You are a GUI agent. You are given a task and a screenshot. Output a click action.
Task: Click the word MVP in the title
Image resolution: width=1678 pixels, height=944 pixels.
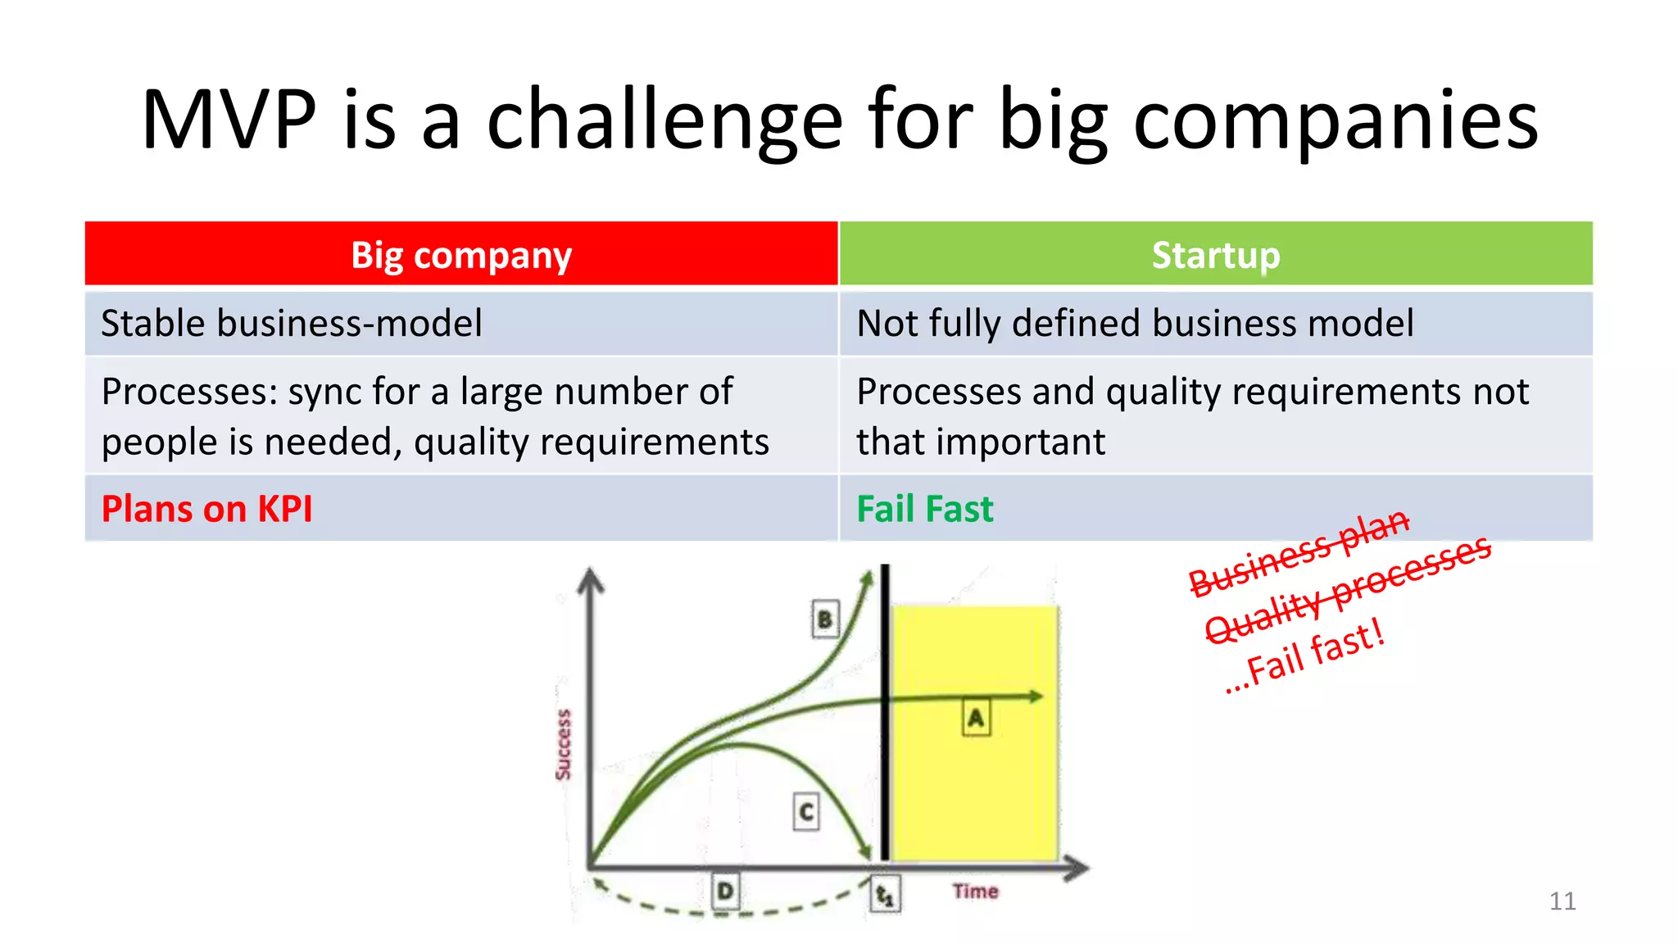229,120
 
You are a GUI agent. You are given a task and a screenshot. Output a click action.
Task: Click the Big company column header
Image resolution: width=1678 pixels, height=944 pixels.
461,255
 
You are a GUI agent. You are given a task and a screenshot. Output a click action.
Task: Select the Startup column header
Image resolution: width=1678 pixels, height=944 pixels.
1216,255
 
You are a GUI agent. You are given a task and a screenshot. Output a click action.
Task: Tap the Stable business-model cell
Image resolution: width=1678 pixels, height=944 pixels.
292,323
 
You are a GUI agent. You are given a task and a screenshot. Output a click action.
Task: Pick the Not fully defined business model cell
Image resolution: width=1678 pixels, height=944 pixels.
1135,323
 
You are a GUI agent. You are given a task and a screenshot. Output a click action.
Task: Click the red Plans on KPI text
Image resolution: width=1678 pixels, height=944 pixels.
206,509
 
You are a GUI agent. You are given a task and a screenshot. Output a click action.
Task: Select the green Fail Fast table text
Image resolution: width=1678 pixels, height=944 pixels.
925,509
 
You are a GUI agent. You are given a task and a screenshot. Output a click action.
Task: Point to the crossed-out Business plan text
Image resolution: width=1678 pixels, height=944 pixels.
1299,554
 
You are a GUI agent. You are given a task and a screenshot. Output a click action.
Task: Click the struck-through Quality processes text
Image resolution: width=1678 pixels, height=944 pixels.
1348,589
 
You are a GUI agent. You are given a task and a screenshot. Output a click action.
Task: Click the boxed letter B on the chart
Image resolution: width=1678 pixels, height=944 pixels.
825,619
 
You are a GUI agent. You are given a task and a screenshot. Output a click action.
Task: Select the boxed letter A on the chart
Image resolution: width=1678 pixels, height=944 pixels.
975,718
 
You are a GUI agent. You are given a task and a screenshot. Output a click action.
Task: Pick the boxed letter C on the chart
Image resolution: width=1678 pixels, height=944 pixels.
806,811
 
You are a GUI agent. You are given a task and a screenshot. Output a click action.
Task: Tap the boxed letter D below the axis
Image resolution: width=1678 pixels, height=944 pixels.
725,891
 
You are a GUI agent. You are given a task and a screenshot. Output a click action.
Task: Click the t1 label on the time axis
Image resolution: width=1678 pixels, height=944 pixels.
885,894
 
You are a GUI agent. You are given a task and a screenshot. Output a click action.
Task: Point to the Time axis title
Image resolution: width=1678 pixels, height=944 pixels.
975,891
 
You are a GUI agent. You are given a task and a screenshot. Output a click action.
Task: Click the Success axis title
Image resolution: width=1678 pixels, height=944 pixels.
563,744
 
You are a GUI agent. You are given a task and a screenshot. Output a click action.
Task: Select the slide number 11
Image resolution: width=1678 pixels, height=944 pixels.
1562,901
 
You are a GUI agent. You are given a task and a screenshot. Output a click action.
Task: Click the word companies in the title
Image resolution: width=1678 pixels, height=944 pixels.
1336,120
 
